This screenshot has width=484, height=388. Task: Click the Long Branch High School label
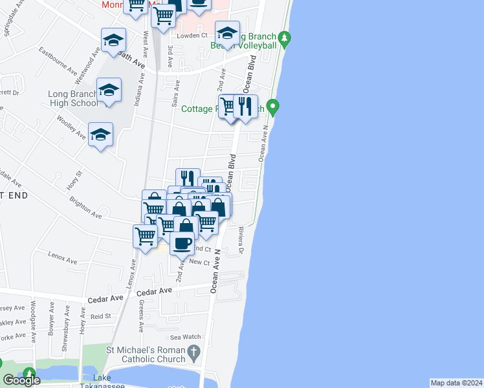click(73, 98)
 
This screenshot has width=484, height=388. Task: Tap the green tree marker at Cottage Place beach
click(273, 106)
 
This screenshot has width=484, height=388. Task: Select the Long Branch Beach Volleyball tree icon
click(284, 41)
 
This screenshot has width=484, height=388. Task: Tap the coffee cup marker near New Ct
click(183, 243)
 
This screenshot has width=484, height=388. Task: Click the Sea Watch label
click(186, 337)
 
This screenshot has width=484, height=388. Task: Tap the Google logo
click(21, 380)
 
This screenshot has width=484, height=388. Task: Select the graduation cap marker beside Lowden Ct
click(227, 33)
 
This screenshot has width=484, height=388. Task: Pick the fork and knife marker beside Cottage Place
click(245, 106)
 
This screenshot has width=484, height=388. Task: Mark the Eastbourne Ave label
click(58, 59)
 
